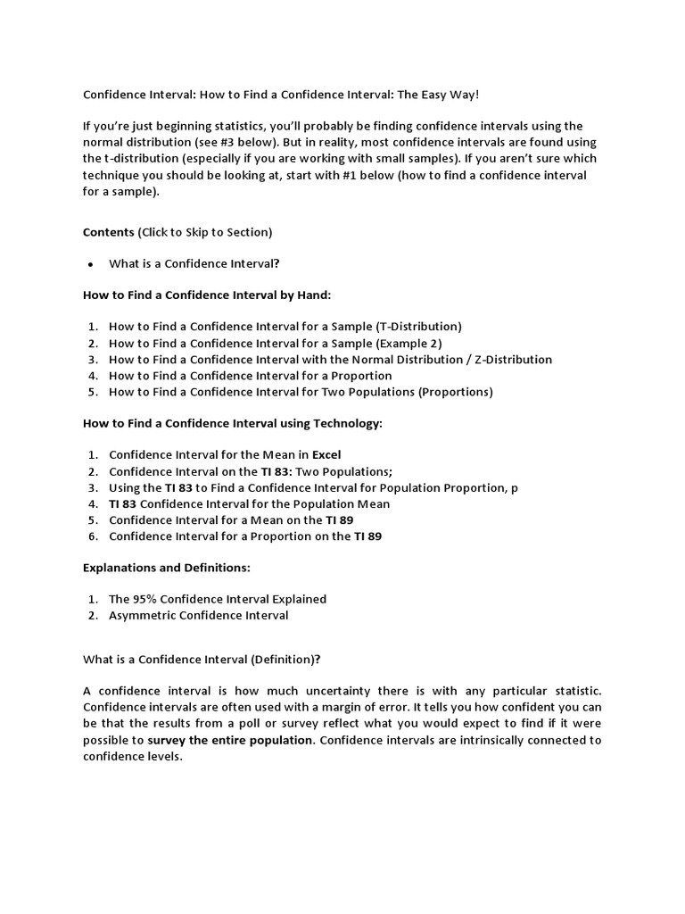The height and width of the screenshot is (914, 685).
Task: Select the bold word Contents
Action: [x=109, y=232]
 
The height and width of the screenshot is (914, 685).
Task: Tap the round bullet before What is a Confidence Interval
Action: [x=90, y=264]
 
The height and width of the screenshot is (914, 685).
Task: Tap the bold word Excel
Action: [x=326, y=455]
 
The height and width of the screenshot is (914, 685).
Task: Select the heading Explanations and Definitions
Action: [x=167, y=568]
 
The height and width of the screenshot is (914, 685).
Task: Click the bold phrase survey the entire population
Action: [x=230, y=740]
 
